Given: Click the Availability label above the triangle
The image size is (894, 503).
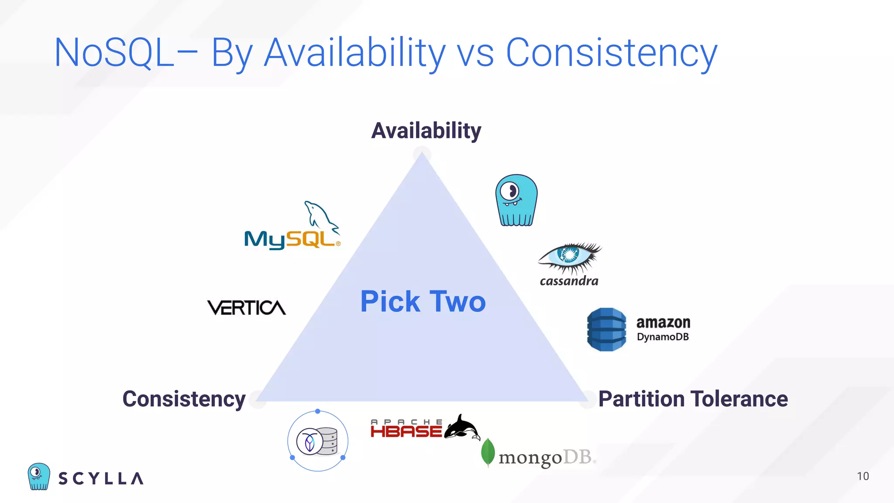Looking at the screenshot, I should pos(426,131).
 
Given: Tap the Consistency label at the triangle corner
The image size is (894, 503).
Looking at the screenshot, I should pos(184,399).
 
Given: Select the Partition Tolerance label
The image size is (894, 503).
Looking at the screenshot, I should pos(693,399).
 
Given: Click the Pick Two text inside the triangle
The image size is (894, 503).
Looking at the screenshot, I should pos(423,301).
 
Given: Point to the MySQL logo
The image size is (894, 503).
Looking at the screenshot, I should pos(292,227).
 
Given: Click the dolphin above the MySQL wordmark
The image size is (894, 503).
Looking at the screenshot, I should pos(321,215).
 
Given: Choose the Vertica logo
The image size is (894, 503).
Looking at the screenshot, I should pos(247,308).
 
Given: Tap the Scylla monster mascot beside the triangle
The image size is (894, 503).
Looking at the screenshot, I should pos(516,200).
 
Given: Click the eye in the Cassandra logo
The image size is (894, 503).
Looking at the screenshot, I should pos(569,255).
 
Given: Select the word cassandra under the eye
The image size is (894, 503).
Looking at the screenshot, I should pos(569,281).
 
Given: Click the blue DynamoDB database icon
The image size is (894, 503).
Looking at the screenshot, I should pos(606,330).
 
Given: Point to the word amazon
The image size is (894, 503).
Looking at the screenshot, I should pos(663,323).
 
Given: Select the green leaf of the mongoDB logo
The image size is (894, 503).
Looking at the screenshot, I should pos(488,452).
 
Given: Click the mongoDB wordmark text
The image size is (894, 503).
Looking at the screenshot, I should pos(546,458).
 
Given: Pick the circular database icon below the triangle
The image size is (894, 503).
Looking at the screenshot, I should pos(317,441).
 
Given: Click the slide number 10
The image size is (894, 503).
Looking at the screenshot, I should pos(863,476).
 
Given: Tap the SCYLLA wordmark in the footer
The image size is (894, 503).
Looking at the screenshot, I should pos(101,479).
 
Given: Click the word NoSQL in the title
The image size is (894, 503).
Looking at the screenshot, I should pos(113,53).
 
